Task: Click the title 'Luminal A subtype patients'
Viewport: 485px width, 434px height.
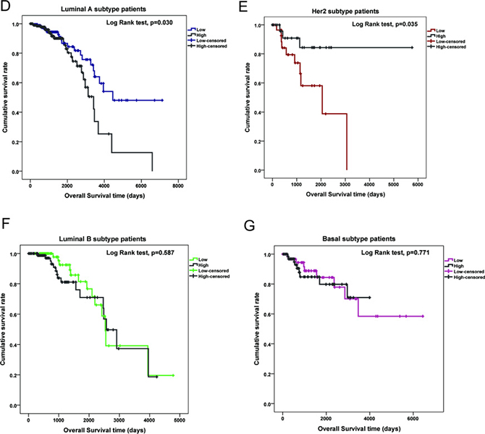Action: coord(96,7)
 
